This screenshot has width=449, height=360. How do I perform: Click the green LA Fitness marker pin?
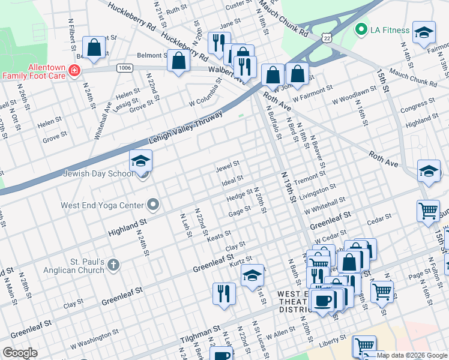point(361,29)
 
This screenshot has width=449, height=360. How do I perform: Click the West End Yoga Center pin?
point(153,205)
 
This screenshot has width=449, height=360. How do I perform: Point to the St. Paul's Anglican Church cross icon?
point(114,265)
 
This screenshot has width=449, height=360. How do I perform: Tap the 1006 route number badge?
point(124,68)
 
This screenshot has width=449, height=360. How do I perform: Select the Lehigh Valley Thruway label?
point(185,127)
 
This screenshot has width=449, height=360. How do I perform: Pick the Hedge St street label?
point(238,195)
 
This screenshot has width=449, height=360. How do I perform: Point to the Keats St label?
point(218,235)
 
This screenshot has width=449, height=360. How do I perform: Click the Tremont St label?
point(309,178)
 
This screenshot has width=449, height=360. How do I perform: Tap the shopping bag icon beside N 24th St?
point(94,48)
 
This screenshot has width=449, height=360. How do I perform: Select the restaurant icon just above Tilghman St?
point(224,293)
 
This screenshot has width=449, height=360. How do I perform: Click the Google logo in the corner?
point(20,353)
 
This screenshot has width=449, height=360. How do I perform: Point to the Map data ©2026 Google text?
point(411,355)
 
